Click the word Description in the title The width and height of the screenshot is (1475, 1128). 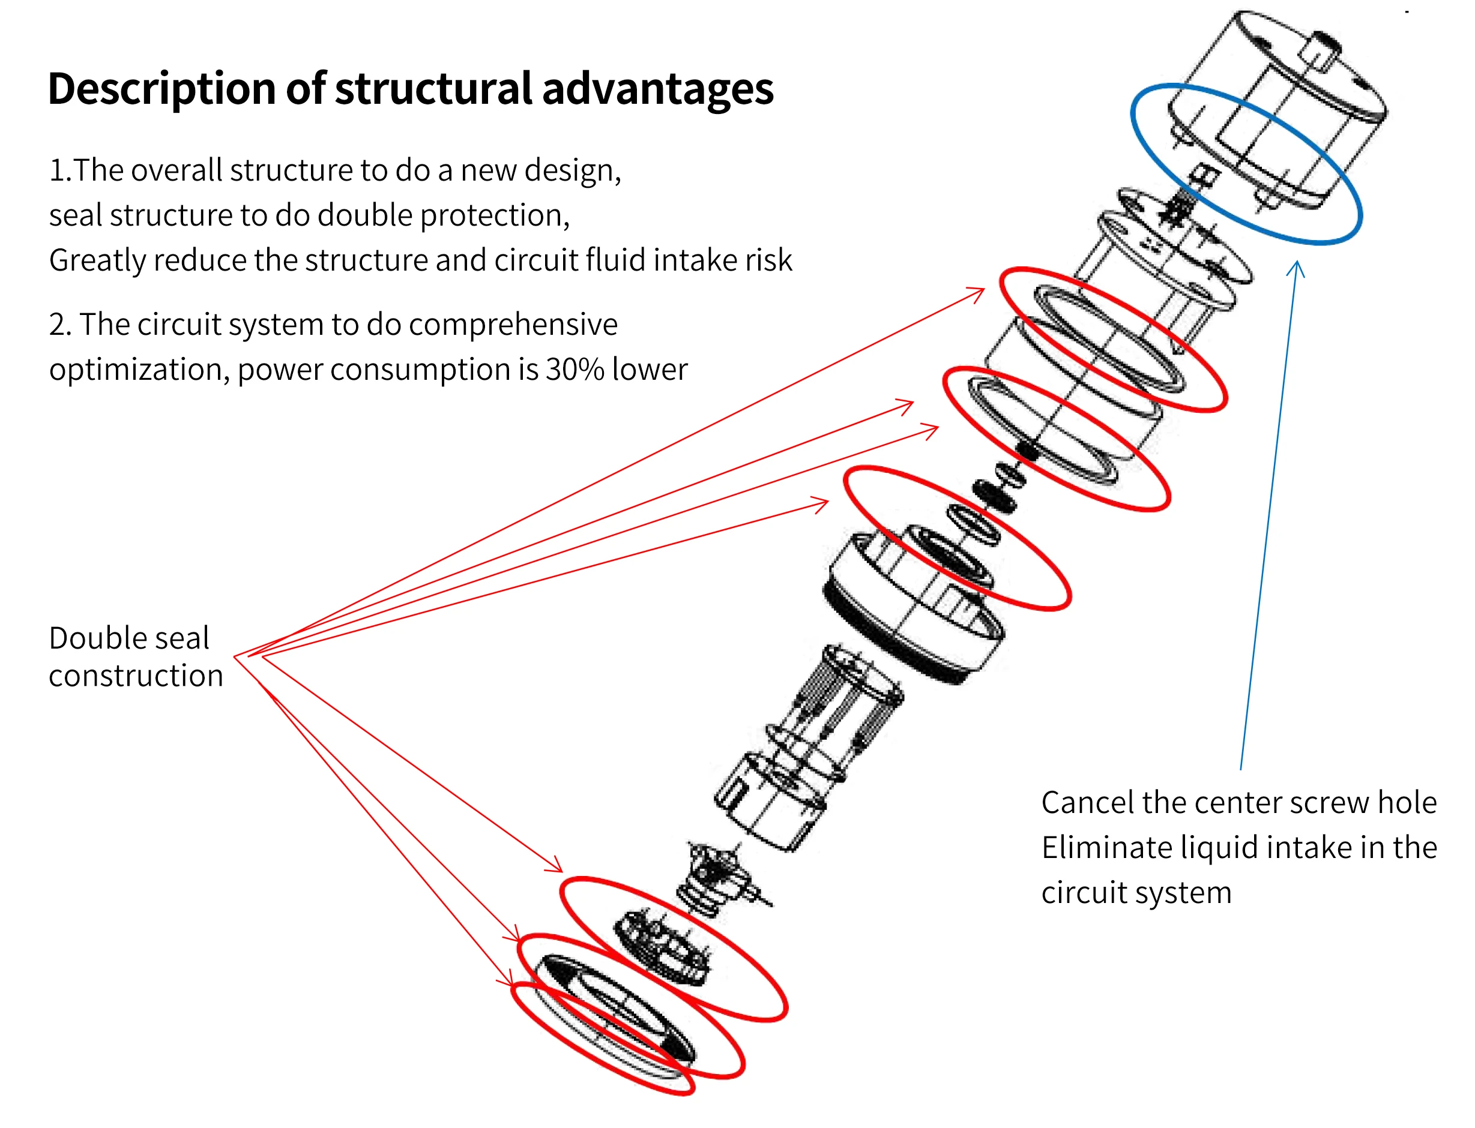[x=162, y=89]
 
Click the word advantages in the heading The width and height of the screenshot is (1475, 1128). [x=657, y=89]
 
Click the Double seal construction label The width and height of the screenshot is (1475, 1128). [x=136, y=656]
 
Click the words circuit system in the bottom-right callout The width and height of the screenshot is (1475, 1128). [x=1136, y=893]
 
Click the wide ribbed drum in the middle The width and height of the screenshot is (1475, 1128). [x=914, y=604]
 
